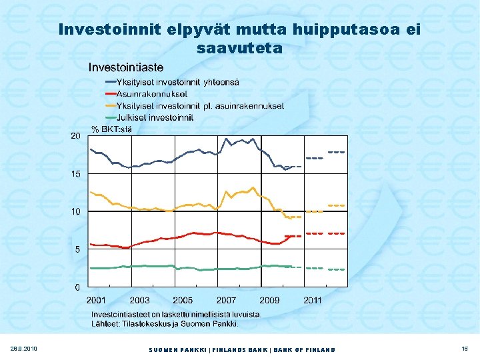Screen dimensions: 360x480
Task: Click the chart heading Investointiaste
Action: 126,67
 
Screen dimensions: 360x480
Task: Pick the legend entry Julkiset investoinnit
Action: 155,117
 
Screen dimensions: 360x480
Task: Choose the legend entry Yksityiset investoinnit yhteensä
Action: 177,82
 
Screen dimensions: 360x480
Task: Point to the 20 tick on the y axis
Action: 75,136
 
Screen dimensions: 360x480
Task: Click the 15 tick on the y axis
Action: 75,174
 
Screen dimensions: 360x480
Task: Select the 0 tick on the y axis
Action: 78,288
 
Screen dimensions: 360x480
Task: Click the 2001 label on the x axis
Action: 96,301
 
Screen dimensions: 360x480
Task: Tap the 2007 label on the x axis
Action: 226,301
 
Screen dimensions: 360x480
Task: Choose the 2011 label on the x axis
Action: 313,301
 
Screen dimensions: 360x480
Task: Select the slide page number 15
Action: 464,349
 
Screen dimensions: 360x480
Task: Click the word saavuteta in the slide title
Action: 240,49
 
